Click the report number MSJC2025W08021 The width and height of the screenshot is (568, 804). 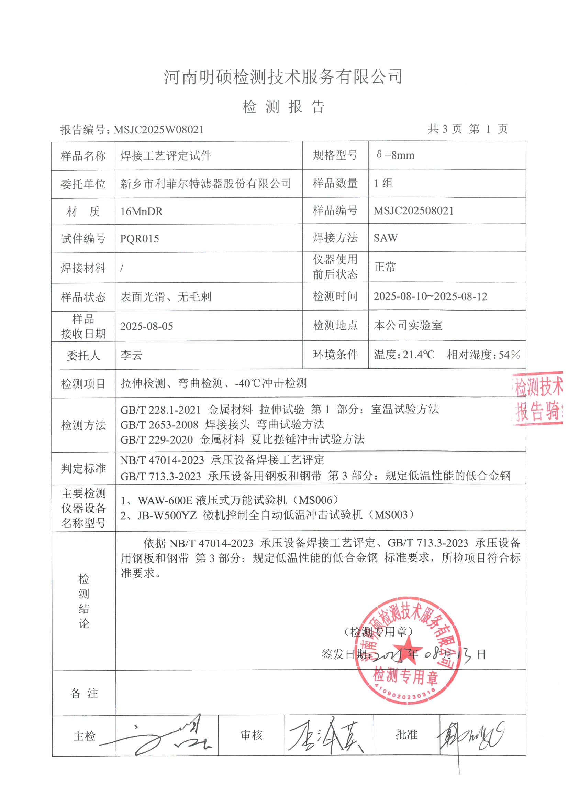[x=158, y=130]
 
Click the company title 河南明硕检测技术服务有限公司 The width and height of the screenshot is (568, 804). [x=283, y=77]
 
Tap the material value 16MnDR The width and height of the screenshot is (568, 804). [x=141, y=211]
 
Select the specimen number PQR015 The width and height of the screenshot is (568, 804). [x=139, y=239]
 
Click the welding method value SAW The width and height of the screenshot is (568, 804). [x=385, y=238]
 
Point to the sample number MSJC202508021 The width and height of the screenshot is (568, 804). [x=413, y=211]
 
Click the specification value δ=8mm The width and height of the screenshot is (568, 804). [x=396, y=155]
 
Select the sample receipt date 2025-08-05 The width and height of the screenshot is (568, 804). [x=147, y=326]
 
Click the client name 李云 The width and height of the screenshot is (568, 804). [x=132, y=356]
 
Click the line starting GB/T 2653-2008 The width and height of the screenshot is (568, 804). [x=222, y=425]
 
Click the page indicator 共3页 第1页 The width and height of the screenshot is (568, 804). [x=467, y=129]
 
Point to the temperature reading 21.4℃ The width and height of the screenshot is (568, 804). [x=418, y=355]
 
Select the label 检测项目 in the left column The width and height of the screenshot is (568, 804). [x=83, y=384]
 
